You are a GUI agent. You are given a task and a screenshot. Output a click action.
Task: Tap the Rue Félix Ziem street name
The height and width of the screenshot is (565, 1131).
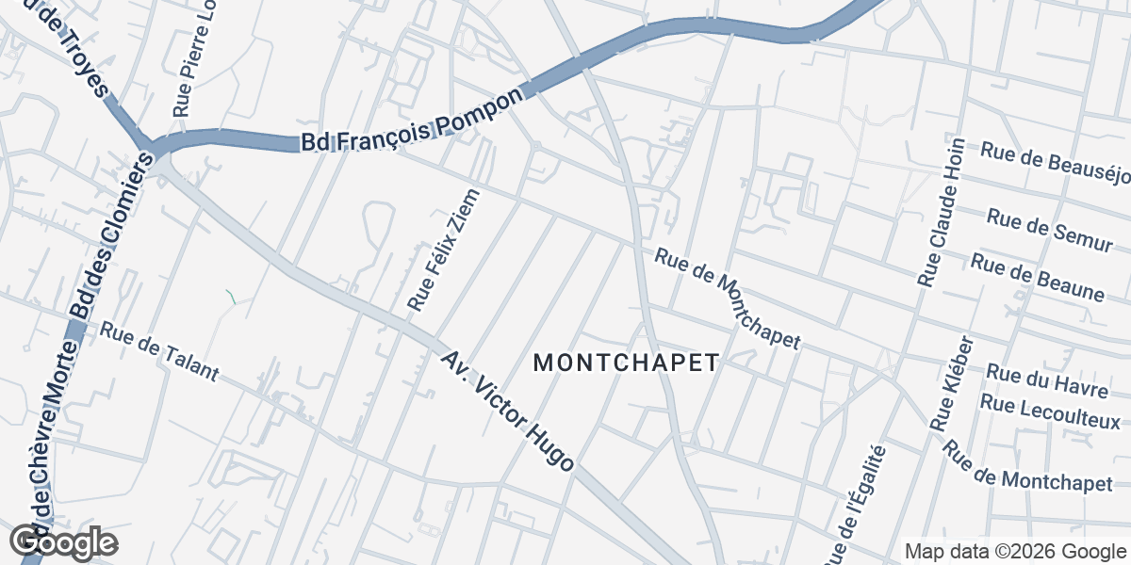[444, 250]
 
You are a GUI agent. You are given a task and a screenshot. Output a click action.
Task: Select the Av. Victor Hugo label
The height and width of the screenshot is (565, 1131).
[507, 412]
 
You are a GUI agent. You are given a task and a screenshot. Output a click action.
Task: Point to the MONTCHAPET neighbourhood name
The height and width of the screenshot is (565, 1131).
[627, 363]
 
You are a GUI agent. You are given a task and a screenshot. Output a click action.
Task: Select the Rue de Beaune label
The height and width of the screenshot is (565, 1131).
[1037, 277]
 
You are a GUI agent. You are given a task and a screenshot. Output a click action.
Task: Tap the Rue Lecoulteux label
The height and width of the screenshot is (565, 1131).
[1050, 412]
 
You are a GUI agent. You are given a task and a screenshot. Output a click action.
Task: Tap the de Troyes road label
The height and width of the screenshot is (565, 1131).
[75, 48]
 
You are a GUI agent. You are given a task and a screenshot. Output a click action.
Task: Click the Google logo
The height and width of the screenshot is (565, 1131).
[64, 542]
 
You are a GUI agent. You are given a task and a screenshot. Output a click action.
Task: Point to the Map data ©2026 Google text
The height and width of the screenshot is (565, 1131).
[1016, 551]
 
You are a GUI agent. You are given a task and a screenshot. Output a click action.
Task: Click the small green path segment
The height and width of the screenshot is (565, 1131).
[231, 297]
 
